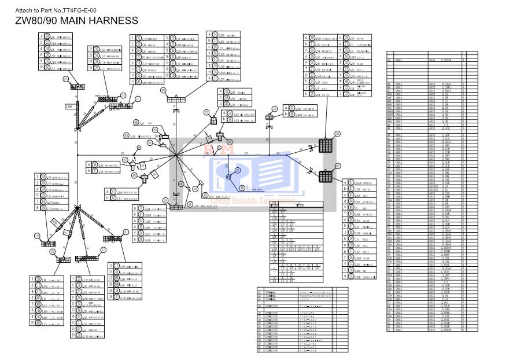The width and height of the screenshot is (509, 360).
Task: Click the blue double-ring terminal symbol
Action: (229, 177)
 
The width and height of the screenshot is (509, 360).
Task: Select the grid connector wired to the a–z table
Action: (326, 145)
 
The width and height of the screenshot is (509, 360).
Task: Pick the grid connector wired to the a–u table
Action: (326, 175)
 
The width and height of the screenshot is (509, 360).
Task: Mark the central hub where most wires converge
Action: (176, 155)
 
